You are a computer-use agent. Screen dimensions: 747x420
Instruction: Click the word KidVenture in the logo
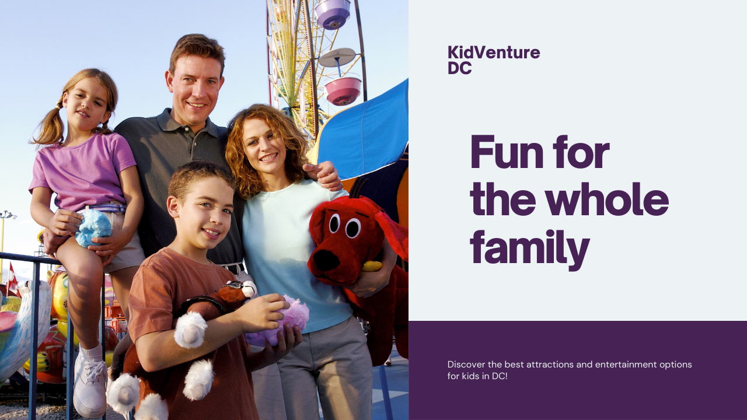[494, 52]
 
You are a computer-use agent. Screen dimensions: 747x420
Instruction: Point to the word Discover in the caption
[466, 365]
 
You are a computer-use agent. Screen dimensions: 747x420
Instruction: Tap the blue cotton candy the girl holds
[93, 228]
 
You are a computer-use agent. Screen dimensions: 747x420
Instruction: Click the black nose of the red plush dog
[325, 260]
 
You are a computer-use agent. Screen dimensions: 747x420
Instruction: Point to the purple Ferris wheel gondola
[333, 14]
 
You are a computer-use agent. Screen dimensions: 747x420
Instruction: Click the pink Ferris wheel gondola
[343, 90]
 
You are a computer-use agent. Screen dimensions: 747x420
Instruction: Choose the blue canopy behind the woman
[364, 134]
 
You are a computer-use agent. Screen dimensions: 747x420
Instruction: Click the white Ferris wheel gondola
[337, 57]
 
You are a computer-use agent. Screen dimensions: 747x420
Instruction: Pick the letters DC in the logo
[459, 68]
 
